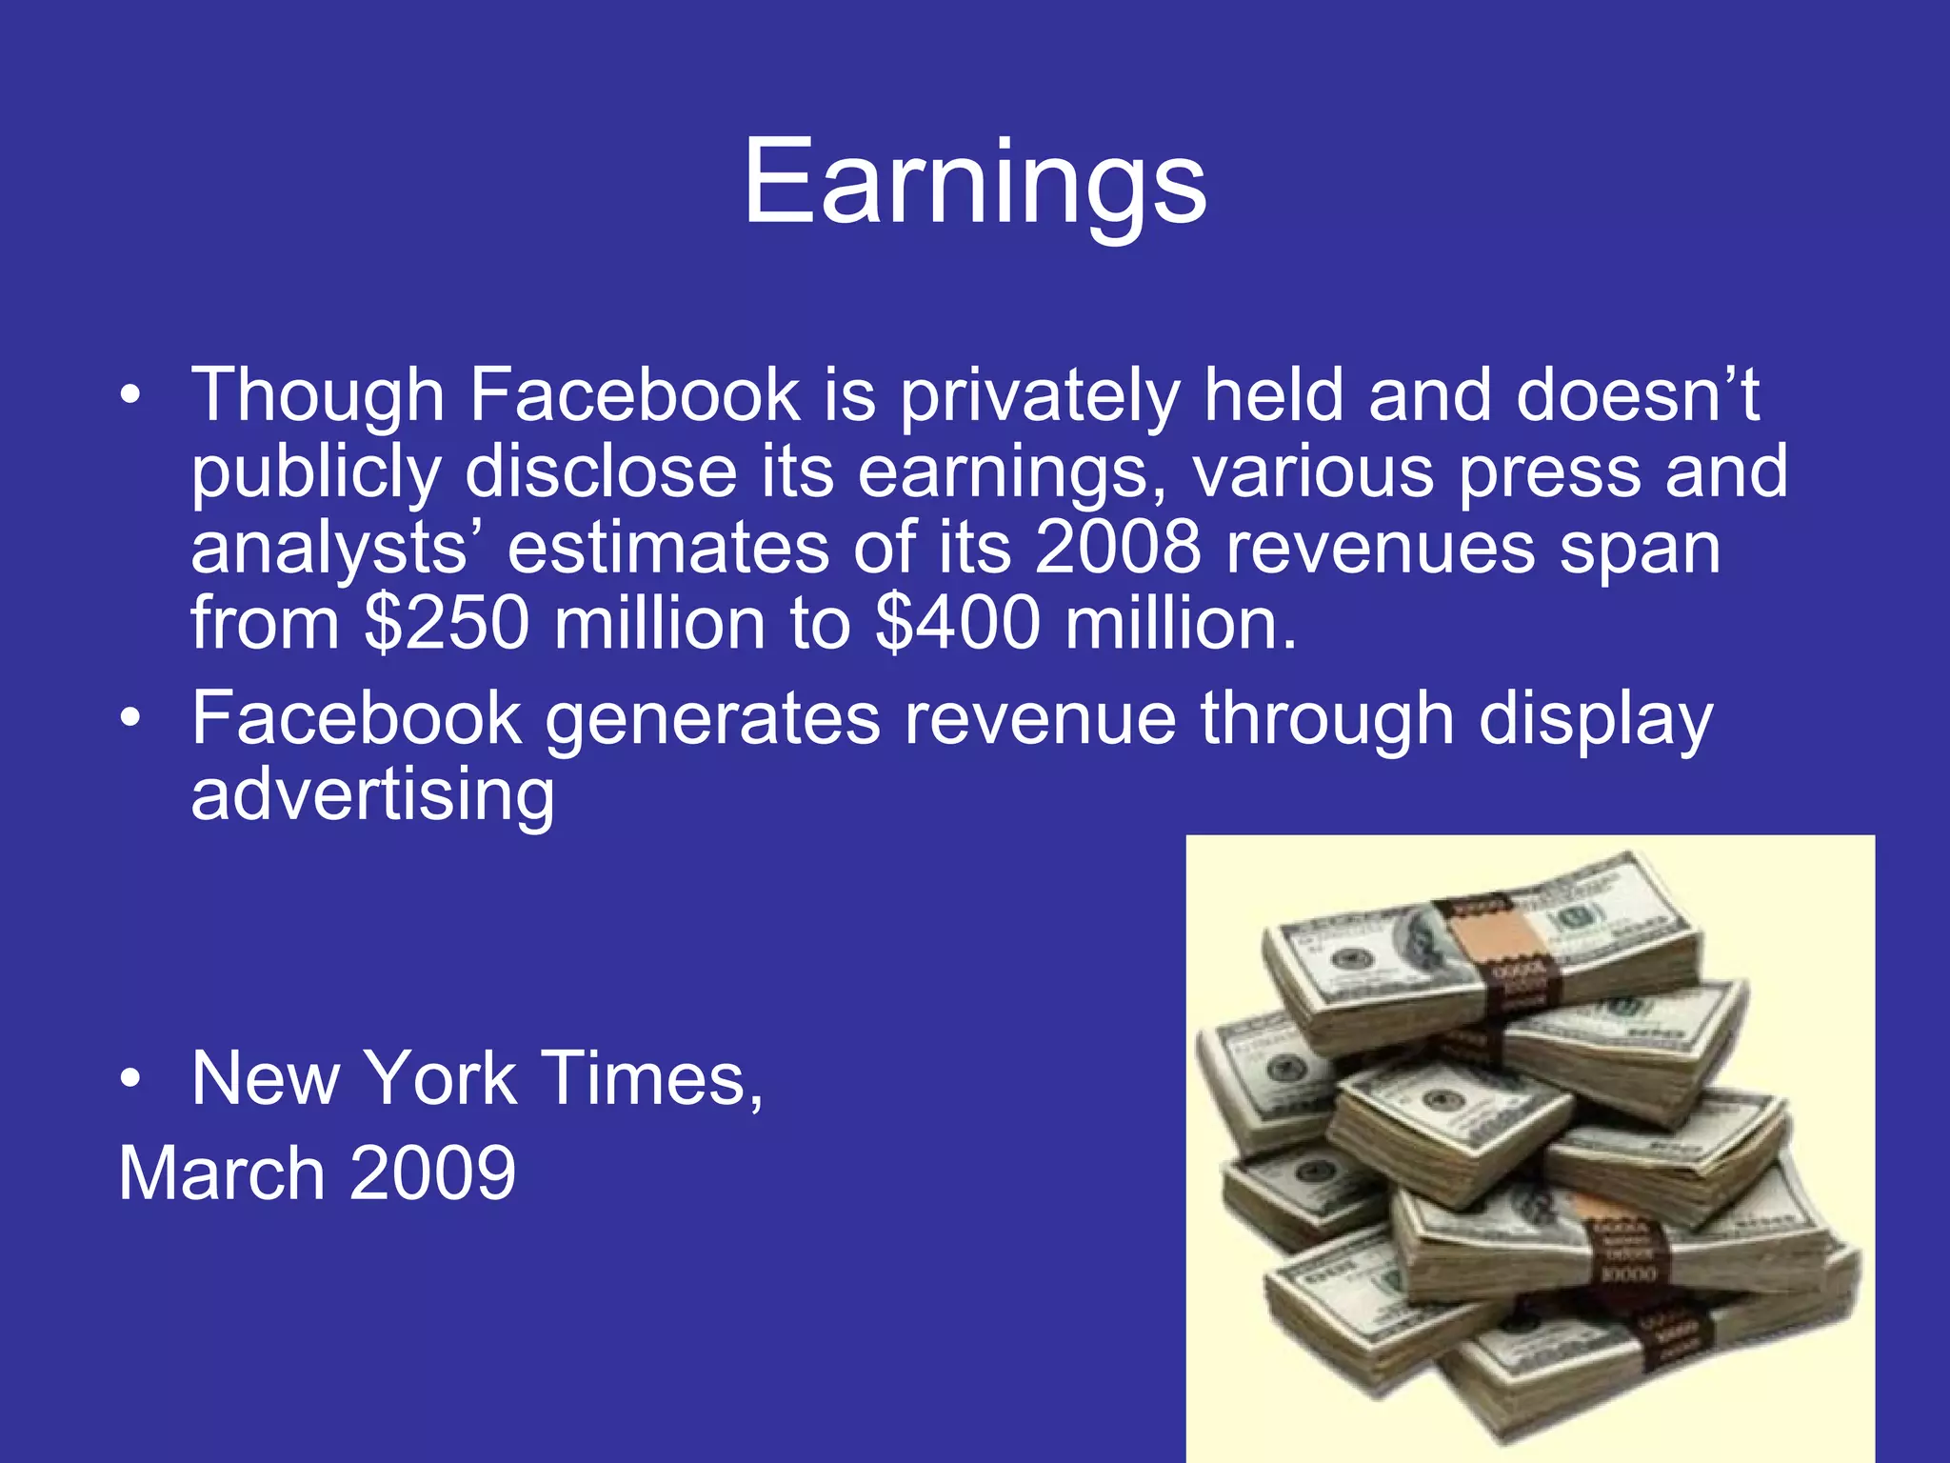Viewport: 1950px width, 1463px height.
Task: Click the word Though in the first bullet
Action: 318,396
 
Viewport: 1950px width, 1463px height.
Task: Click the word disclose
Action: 601,473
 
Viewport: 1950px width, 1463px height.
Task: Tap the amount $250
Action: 447,624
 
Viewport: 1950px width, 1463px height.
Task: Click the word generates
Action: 712,719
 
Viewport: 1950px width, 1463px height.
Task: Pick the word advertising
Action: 372,795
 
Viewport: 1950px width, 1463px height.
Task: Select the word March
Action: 222,1173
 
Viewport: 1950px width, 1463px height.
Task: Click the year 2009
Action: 432,1173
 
